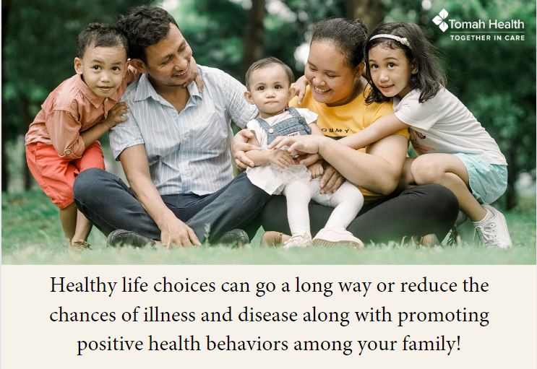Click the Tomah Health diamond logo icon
pos(440,20)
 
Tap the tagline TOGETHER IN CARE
pos(487,38)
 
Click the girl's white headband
pos(390,39)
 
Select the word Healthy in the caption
pos(83,286)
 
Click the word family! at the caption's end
pos(431,344)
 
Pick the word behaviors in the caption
pos(247,344)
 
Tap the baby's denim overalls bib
pos(284,125)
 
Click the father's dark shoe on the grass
pos(129,238)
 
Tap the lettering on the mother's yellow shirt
pos(335,131)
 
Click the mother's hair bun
pos(360,26)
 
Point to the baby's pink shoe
pos(338,237)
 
